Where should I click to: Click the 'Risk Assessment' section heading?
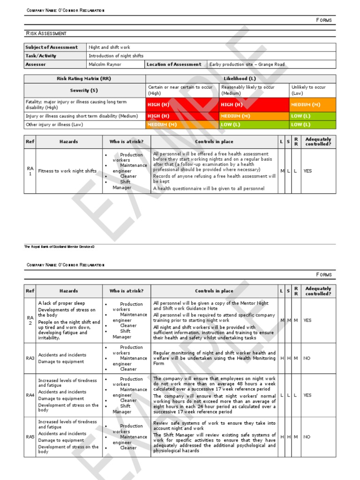(46, 33)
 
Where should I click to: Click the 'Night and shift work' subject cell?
(110, 47)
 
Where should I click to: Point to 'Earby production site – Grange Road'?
(247, 65)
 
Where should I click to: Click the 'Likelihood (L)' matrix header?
(240, 79)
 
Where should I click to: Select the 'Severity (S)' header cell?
(84, 90)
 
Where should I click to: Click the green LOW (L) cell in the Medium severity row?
(300, 116)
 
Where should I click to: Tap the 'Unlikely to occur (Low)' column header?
(308, 90)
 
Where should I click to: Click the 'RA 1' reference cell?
(30, 171)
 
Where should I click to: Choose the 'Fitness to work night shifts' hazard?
(67, 171)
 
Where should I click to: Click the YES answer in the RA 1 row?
(307, 171)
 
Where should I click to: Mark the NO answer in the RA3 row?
(307, 358)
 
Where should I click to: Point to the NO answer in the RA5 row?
(307, 437)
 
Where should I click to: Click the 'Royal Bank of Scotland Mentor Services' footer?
(60, 247)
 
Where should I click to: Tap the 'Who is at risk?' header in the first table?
(127, 142)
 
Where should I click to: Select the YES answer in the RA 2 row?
(307, 320)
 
